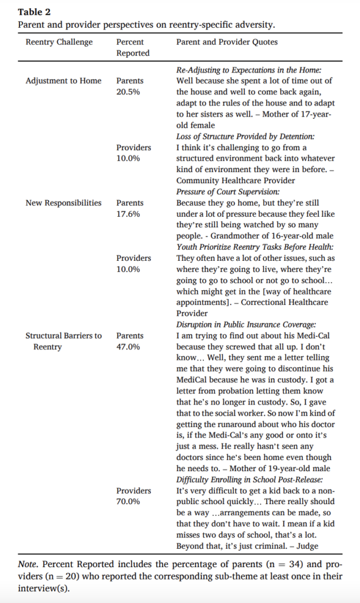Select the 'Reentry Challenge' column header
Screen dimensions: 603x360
pos(59,42)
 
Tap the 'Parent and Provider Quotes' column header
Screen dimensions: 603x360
pos(227,42)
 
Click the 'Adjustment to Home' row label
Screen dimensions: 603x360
pos(63,81)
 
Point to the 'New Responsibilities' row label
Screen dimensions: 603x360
pos(64,203)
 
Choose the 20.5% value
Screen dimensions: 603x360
pos(128,92)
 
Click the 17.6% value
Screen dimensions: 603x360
pos(128,214)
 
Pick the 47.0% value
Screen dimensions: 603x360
pos(128,347)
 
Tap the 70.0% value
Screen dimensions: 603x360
pos(128,502)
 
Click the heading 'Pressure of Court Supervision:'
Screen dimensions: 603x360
pos(227,192)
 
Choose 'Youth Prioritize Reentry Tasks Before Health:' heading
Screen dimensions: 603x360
pos(254,247)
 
